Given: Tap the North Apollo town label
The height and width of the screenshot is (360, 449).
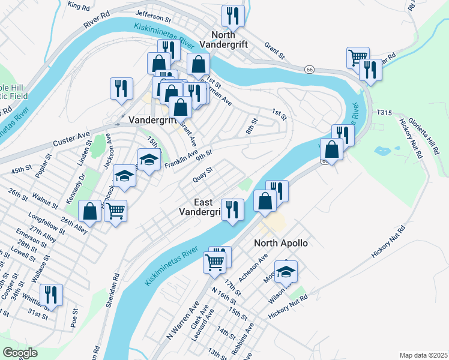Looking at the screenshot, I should pos(281,243).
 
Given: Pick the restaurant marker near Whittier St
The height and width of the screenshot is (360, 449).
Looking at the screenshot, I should pos(52,295).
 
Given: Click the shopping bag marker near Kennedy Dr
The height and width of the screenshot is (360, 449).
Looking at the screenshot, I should pos(90,211).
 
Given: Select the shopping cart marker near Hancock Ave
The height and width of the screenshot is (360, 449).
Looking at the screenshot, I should pos(115,211).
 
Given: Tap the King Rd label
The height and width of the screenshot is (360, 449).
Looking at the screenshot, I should pos(79,5).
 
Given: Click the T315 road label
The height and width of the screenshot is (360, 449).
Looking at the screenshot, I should pos(384,112).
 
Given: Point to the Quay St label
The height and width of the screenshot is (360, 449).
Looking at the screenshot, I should pos(203,174).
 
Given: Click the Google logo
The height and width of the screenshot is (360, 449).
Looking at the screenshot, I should pos(20,352).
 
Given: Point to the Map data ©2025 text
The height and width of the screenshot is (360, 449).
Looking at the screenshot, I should pos(423,355).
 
